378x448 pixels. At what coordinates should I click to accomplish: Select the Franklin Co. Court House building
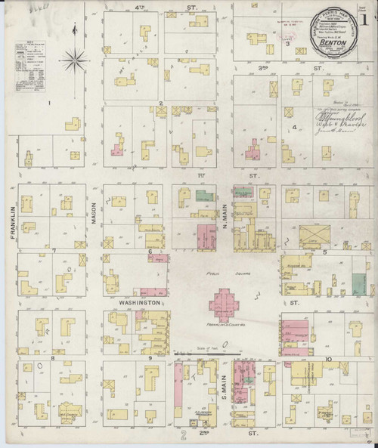[x=225, y=307]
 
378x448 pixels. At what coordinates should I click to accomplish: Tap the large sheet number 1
[x=367, y=14]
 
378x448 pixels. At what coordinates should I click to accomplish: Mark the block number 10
[x=328, y=359]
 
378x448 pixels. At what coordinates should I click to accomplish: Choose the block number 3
[x=287, y=44]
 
